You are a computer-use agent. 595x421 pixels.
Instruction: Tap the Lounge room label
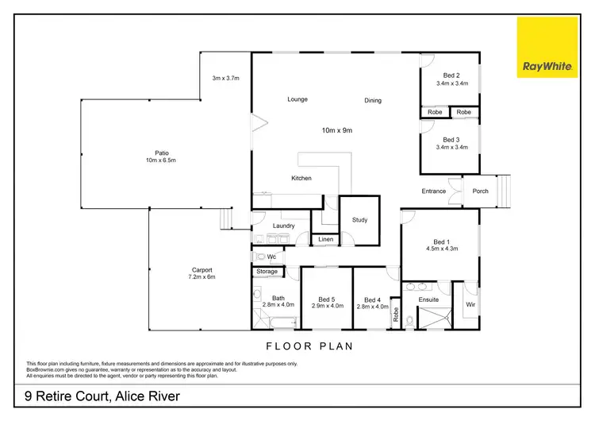tap(297, 99)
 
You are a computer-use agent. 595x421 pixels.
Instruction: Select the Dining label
tap(373, 100)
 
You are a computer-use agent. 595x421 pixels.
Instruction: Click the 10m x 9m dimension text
tap(336, 129)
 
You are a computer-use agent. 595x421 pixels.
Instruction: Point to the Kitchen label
tap(301, 178)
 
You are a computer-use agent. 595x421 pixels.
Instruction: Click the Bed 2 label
tap(451, 75)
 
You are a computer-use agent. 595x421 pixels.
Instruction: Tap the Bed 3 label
tap(451, 140)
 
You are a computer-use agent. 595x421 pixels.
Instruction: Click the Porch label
tap(480, 191)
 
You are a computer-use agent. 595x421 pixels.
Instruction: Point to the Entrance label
tap(433, 191)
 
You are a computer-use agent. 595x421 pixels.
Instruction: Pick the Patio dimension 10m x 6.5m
tap(159, 160)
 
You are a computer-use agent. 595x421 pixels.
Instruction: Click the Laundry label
tap(283, 226)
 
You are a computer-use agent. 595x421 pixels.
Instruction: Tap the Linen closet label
tap(325, 239)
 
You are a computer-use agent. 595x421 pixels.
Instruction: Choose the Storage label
tap(267, 272)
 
